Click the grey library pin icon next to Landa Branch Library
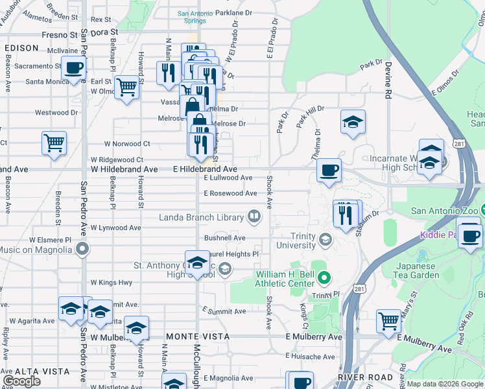255,217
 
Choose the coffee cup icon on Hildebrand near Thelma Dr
329,170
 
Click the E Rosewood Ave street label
230,193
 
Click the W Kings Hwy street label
111,283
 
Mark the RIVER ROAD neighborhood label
365,377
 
